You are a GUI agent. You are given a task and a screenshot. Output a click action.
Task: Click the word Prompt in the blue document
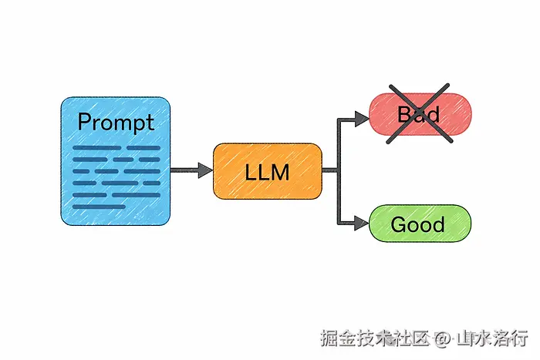[x=116, y=122]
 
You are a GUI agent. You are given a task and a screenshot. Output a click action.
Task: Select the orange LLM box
[x=267, y=171]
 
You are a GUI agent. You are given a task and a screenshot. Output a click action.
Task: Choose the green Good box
[x=420, y=224]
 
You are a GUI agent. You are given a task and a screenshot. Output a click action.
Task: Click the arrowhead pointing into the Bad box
[x=362, y=118]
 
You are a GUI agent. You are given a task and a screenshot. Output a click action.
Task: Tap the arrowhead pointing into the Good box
[x=362, y=224]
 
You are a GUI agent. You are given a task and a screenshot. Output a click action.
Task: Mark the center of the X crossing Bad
[x=419, y=115]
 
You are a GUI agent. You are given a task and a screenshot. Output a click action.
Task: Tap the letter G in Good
[x=399, y=224]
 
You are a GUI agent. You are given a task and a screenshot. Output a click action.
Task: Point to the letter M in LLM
[x=279, y=172]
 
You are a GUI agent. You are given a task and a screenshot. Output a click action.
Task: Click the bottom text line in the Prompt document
[x=99, y=206]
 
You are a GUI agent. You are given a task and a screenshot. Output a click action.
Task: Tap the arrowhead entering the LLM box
[x=205, y=170]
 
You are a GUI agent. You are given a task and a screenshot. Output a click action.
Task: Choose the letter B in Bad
[x=403, y=115]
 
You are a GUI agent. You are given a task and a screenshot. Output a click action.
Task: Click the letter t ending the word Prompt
[x=149, y=122]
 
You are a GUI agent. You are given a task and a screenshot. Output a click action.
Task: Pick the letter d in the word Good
[x=439, y=224]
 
